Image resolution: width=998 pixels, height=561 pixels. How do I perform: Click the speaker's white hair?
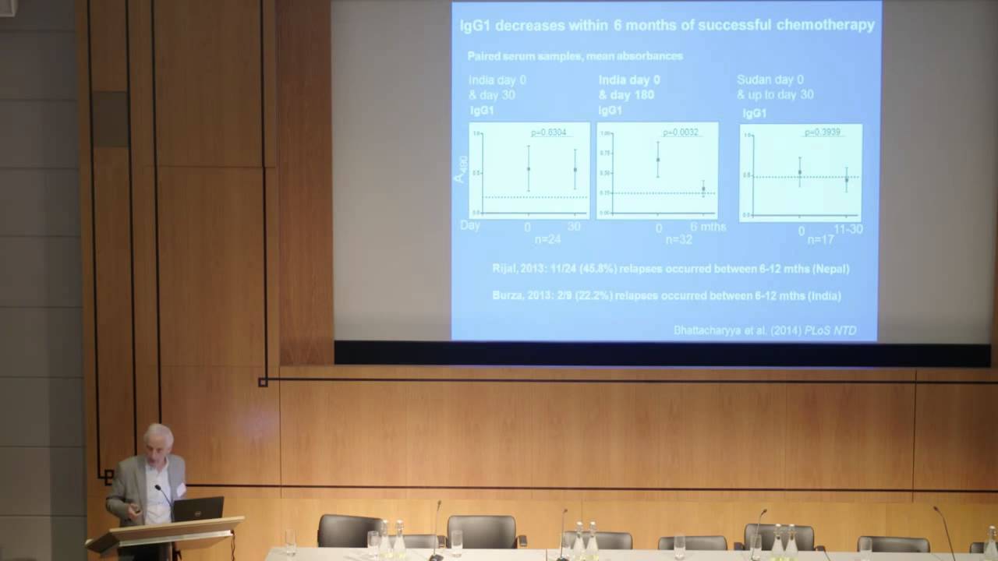click(x=159, y=435)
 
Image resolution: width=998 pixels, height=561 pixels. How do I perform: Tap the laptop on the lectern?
click(x=198, y=509)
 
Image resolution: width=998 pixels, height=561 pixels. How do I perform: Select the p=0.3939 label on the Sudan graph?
click(x=822, y=132)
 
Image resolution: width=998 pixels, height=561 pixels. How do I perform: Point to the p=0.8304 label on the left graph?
click(x=548, y=132)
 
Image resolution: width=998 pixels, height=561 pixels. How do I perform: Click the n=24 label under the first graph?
click(x=548, y=239)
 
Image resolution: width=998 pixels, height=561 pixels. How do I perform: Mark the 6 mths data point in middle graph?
click(x=703, y=189)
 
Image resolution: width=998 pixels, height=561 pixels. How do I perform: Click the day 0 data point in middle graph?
click(x=658, y=160)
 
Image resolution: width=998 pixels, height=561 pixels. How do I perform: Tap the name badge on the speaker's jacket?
click(x=180, y=489)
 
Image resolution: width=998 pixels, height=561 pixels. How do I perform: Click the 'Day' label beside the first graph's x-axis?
click(x=469, y=225)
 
